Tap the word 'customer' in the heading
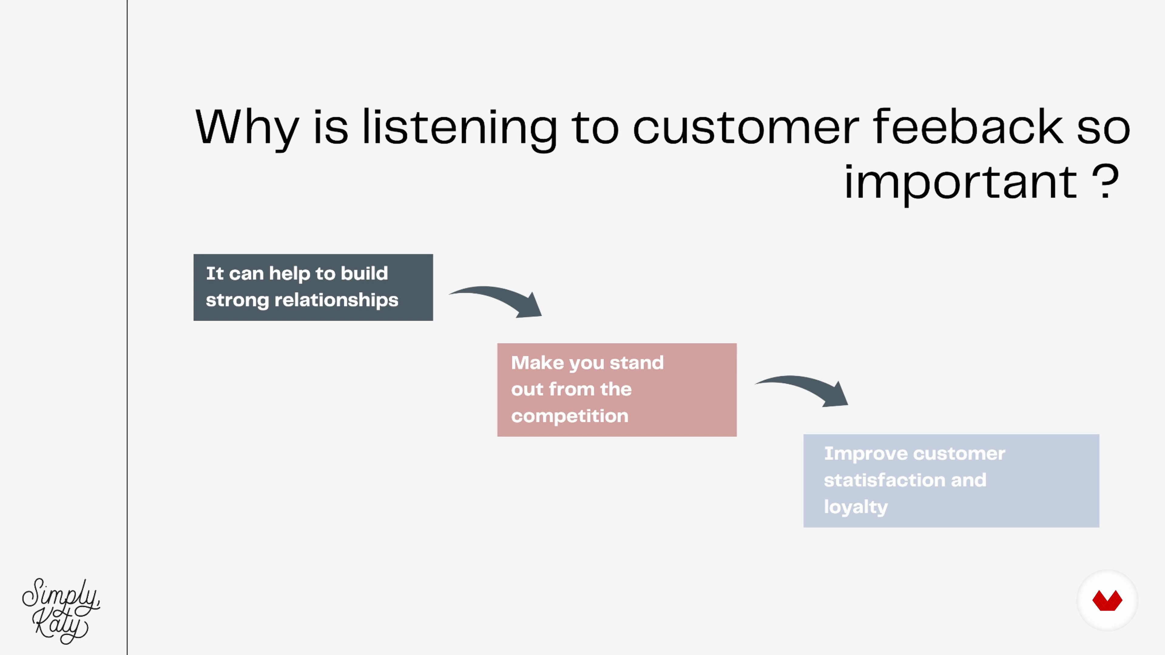745,128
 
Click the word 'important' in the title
961,183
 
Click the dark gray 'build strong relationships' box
313,287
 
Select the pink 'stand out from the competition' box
617,390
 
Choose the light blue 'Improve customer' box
951,481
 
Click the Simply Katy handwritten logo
61,611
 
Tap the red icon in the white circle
1107,601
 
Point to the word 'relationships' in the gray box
336,301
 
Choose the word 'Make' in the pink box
537,363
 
